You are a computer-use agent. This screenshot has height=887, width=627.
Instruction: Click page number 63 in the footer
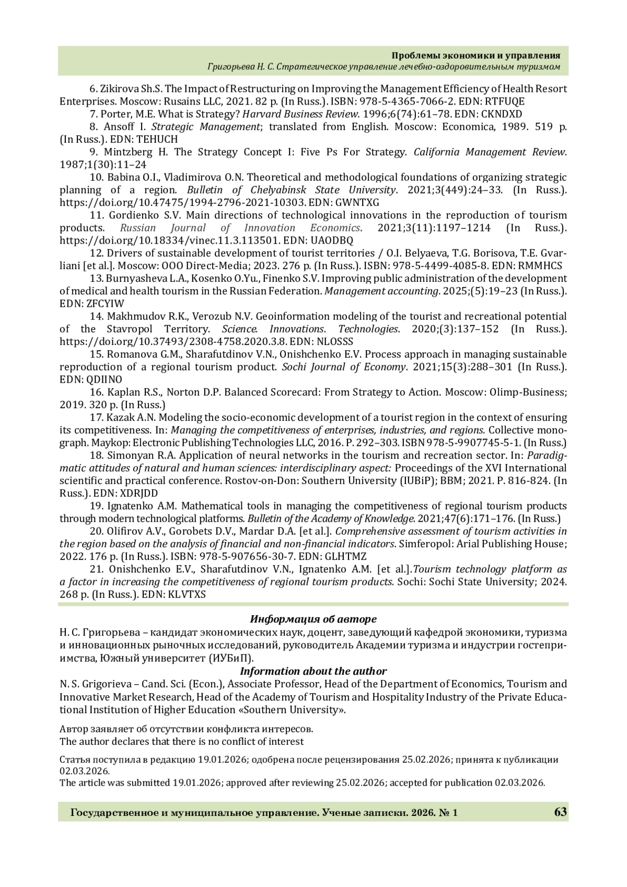point(560,812)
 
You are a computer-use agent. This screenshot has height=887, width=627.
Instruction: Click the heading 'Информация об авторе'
point(313,619)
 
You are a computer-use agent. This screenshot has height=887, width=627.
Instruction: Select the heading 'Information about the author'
point(313,671)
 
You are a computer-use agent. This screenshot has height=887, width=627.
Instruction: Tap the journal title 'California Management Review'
point(490,152)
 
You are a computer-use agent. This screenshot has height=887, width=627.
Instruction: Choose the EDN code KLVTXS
point(187,595)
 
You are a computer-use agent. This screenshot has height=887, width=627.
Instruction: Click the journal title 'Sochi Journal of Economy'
point(344,367)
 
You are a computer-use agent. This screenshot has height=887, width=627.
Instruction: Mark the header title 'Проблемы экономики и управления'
point(476,55)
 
